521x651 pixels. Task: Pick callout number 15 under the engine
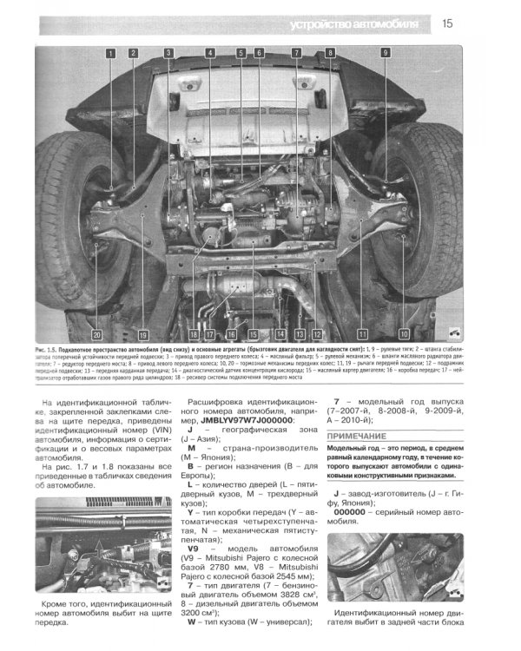(x=253, y=333)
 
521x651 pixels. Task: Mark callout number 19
(x=142, y=333)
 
